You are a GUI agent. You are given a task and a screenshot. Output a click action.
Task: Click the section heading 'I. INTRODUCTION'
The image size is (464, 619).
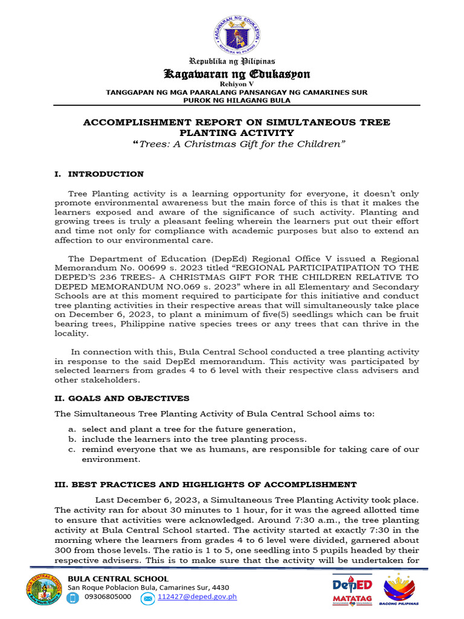coord(99,174)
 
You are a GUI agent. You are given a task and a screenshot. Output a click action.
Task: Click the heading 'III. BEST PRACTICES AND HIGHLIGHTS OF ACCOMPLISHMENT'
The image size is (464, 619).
coord(205,485)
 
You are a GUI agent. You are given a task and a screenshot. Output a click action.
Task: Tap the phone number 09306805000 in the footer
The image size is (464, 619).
coord(108,597)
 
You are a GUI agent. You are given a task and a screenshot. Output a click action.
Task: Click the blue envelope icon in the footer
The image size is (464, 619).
coord(148,598)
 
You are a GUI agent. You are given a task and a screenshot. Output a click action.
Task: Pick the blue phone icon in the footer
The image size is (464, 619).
coord(74,598)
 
